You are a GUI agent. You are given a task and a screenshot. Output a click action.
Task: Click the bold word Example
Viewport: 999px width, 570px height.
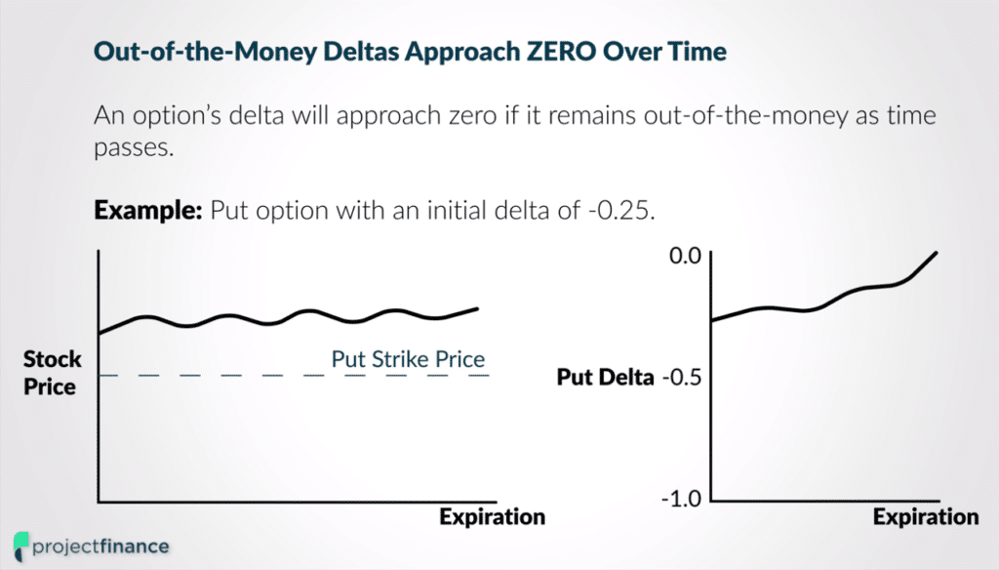148,212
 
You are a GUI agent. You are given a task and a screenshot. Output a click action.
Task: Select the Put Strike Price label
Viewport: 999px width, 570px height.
408,359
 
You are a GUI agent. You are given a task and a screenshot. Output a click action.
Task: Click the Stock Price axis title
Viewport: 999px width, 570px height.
50,374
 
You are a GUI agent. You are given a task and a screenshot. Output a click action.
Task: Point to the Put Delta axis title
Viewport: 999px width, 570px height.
605,377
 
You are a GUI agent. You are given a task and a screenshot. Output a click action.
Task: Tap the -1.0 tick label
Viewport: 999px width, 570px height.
681,500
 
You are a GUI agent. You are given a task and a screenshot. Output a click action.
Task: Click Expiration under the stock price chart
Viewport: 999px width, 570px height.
492,515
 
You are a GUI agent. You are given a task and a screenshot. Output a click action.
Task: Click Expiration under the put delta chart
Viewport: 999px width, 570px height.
925,516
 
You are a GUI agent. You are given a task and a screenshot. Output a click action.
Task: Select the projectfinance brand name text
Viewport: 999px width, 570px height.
100,546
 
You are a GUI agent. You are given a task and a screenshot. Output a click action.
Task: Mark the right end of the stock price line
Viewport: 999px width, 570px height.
478,308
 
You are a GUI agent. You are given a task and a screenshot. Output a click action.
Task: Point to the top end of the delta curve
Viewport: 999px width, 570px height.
937,253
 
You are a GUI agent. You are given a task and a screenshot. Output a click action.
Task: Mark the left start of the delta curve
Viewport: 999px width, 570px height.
712,320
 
